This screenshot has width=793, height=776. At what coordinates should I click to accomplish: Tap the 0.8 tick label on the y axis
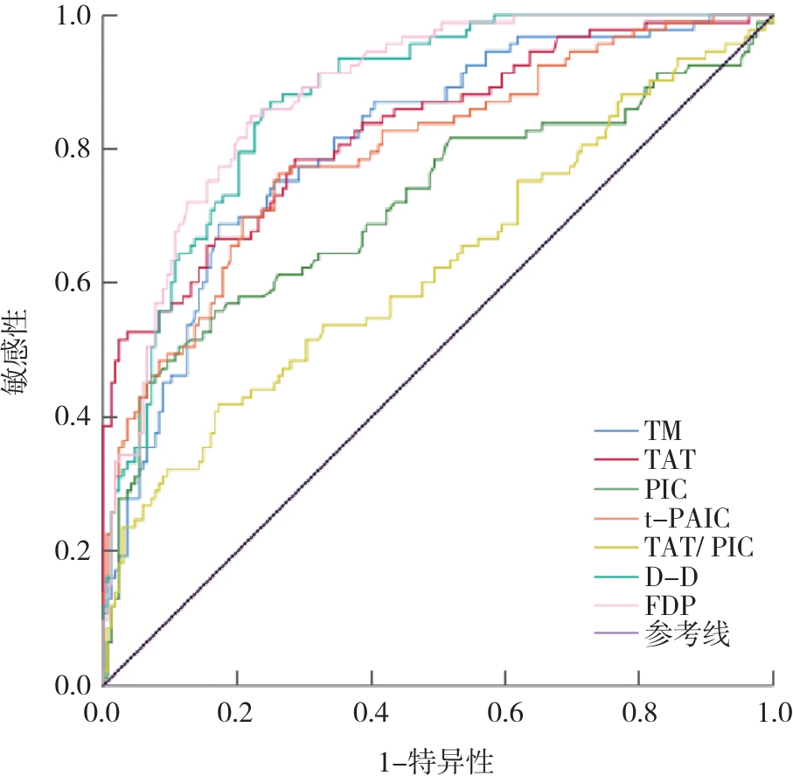[74, 150]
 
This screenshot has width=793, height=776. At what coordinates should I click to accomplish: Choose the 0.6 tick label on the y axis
[74, 283]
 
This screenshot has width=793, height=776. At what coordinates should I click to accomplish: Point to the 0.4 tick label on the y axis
[74, 417]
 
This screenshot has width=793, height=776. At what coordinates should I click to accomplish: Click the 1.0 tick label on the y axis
[74, 16]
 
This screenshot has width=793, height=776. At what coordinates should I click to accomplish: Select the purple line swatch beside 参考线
[616, 636]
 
